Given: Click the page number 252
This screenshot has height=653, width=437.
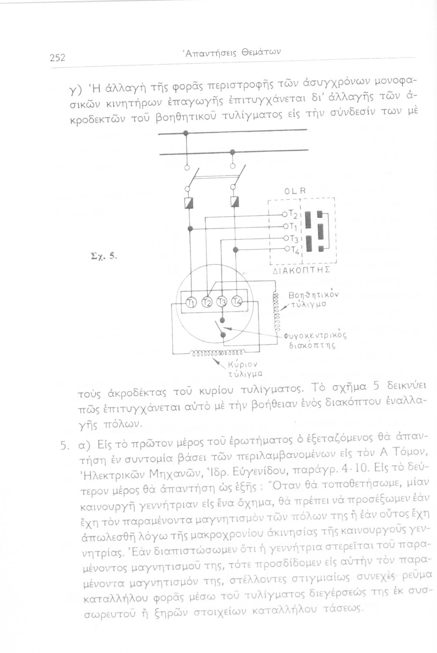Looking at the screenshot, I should tap(56, 57).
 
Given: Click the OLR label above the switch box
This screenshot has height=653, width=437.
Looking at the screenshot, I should tap(296, 191).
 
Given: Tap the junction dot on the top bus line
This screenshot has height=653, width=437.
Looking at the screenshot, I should tap(185, 133).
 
